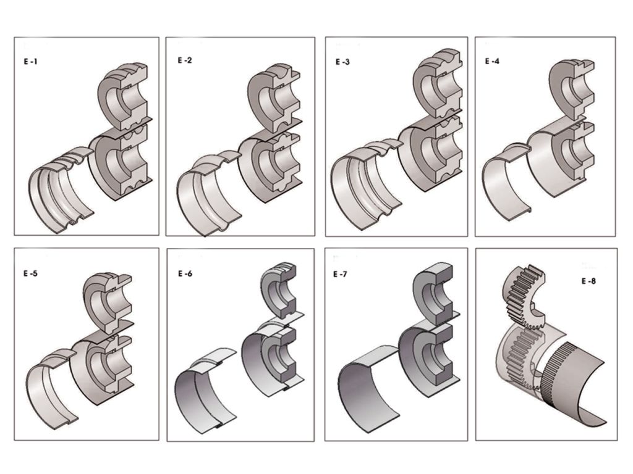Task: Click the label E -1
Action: point(31,62)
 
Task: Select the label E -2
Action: point(185,60)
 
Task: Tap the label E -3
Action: point(342,62)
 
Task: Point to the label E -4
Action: point(492,61)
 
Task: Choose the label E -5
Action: point(30,273)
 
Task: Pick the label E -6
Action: point(185,273)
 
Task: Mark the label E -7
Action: point(340,274)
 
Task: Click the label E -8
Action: point(588,281)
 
